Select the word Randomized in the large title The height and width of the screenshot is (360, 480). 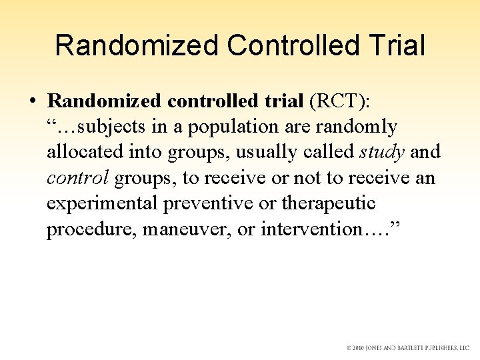137,46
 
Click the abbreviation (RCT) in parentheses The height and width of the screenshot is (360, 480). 340,101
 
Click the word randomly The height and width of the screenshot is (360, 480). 361,127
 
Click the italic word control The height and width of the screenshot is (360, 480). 78,177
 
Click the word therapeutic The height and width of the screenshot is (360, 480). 329,203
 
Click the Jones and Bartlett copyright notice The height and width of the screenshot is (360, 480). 407,348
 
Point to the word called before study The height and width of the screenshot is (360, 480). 330,152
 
